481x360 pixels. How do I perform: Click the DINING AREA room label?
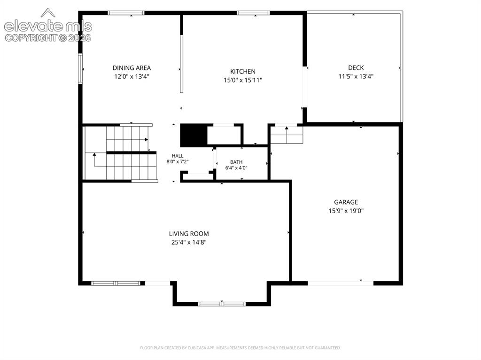(x=132, y=68)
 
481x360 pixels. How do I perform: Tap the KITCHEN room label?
(x=243, y=71)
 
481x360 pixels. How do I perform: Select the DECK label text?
(x=356, y=68)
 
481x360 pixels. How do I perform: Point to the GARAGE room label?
(x=346, y=202)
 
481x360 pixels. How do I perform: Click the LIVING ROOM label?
(x=189, y=234)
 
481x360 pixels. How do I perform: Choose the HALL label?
(x=178, y=156)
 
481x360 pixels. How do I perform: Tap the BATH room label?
(x=236, y=162)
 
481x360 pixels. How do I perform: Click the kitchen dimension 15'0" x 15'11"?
(x=243, y=80)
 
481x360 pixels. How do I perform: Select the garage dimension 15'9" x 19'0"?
(x=346, y=211)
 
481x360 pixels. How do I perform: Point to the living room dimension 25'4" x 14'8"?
(x=189, y=243)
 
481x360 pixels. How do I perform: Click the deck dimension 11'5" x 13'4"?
(x=356, y=77)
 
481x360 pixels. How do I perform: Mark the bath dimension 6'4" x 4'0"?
(x=236, y=168)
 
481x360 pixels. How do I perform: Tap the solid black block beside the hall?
(x=194, y=135)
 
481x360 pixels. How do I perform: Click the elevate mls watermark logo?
(x=48, y=23)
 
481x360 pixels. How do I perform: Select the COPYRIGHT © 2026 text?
(x=48, y=38)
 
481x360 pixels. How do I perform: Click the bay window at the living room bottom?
(x=222, y=304)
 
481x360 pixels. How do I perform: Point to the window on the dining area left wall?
(x=80, y=69)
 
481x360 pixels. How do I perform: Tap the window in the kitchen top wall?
(x=253, y=13)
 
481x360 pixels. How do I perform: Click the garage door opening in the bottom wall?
(x=341, y=283)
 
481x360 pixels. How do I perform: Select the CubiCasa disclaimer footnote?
(x=240, y=348)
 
